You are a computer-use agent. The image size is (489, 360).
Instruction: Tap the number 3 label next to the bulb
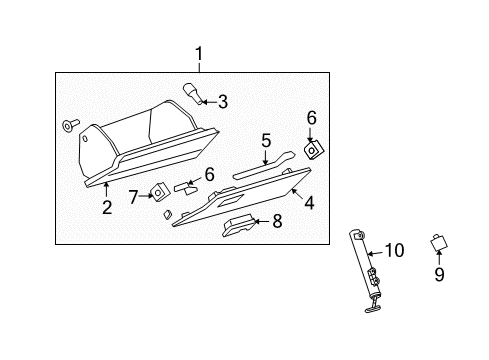point(222,101)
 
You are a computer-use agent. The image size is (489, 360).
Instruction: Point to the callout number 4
point(309,203)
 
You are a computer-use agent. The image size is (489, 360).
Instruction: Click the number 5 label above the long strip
point(266,140)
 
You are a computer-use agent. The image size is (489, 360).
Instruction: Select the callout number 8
point(277,220)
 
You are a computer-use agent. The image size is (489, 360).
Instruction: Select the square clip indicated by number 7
point(159,191)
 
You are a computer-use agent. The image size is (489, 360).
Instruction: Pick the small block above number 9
point(437,241)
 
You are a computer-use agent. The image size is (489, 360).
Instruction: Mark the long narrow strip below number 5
point(262,163)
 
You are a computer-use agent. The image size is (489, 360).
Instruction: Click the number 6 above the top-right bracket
point(311,118)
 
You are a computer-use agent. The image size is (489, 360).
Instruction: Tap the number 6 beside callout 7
point(209,174)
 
